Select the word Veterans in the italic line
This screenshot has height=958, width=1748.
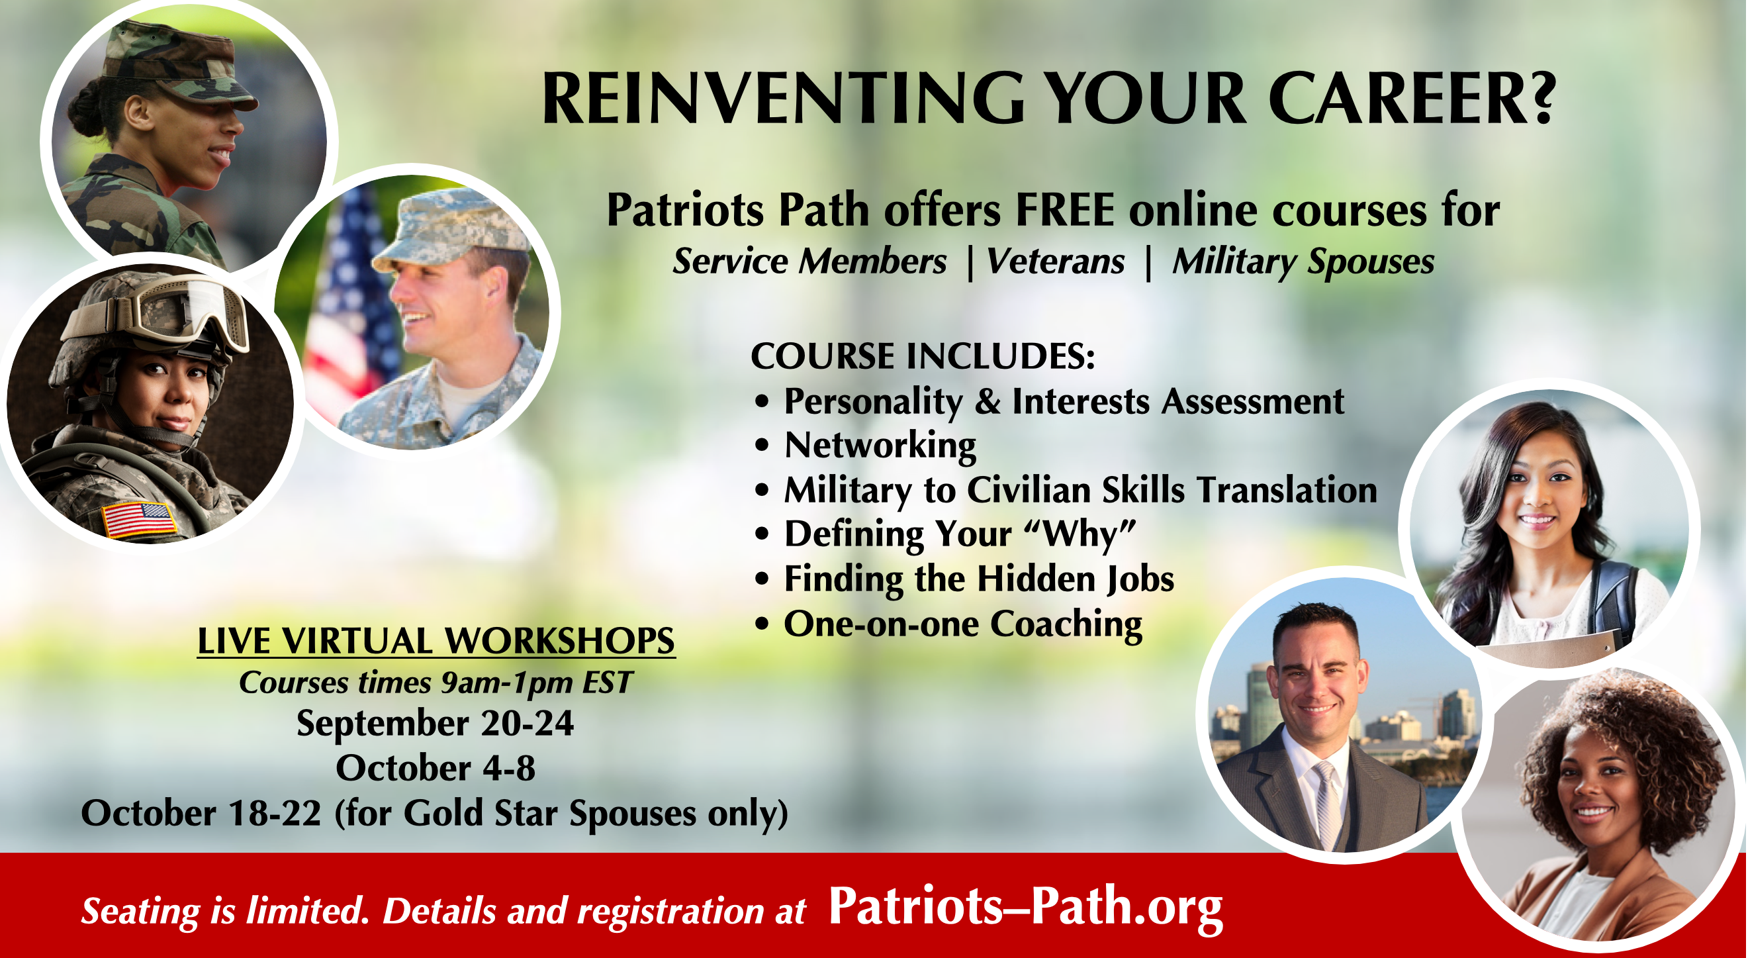point(1055,262)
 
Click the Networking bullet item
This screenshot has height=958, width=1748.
point(880,446)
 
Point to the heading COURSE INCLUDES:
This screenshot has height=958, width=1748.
point(923,356)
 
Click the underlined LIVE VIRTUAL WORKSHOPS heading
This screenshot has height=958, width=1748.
point(436,640)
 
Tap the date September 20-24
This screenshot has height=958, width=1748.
point(435,722)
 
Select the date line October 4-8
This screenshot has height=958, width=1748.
point(436,768)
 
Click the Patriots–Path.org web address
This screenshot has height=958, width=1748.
point(1025,908)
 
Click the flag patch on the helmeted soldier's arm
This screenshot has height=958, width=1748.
point(140,520)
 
